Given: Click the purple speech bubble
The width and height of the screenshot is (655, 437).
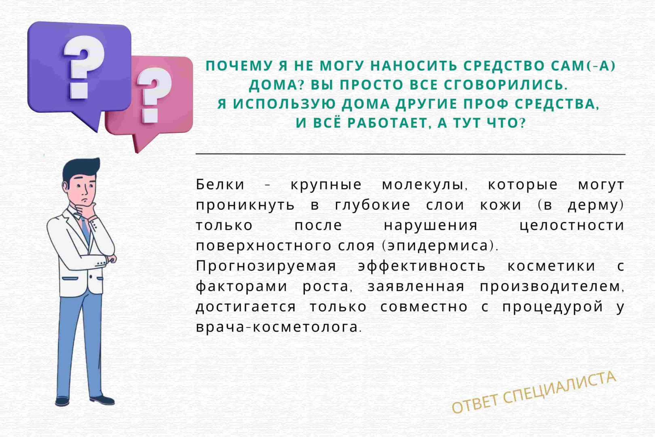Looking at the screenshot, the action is (x=79, y=67).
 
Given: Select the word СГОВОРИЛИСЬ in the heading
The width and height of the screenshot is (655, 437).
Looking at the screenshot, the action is (x=505, y=85).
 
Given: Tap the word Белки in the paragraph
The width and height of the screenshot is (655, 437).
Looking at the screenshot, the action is (x=220, y=185).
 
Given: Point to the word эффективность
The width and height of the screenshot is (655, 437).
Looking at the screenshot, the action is (x=422, y=266).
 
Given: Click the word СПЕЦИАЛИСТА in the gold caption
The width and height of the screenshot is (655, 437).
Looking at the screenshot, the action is (x=560, y=388).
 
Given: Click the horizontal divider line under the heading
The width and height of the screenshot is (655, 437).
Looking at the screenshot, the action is (x=410, y=154).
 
